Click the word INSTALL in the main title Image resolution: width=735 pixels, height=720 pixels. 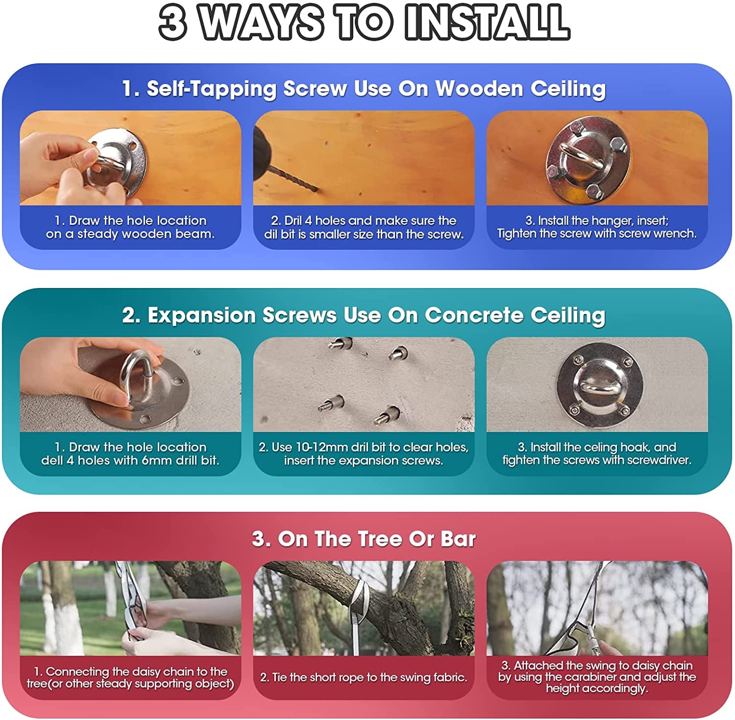click(488, 23)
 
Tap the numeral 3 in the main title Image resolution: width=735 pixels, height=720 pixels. click(172, 23)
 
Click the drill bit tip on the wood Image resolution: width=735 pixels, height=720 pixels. click(318, 190)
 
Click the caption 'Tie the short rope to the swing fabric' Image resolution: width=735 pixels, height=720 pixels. click(364, 677)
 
